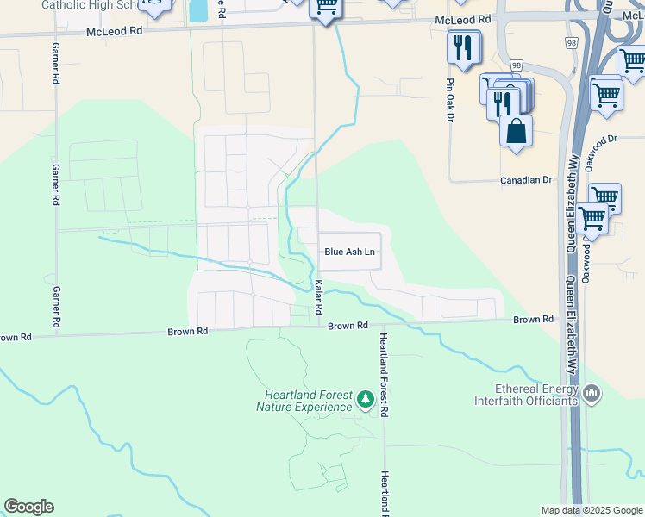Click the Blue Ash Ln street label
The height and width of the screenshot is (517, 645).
coord(349,252)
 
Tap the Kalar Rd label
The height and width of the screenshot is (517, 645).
coord(318,296)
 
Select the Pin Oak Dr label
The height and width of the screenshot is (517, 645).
coord(449,101)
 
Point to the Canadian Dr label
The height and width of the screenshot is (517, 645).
coord(526,180)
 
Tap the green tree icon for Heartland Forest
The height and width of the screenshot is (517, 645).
coord(366,399)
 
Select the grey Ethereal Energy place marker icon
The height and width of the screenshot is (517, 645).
coord(592,394)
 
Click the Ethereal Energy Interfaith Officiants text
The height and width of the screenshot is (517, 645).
coord(526,395)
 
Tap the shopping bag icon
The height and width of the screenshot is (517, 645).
coord(516,132)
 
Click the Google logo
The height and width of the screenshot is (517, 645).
coord(28,507)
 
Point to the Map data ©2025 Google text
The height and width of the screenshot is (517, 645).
coord(591,510)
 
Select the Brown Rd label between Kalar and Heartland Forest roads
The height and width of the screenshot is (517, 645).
coord(348,326)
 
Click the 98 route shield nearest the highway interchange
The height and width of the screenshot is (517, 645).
coord(571,41)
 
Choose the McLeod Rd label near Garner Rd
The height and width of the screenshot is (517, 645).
coord(113,32)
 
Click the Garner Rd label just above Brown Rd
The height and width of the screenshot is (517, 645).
coord(56,307)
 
